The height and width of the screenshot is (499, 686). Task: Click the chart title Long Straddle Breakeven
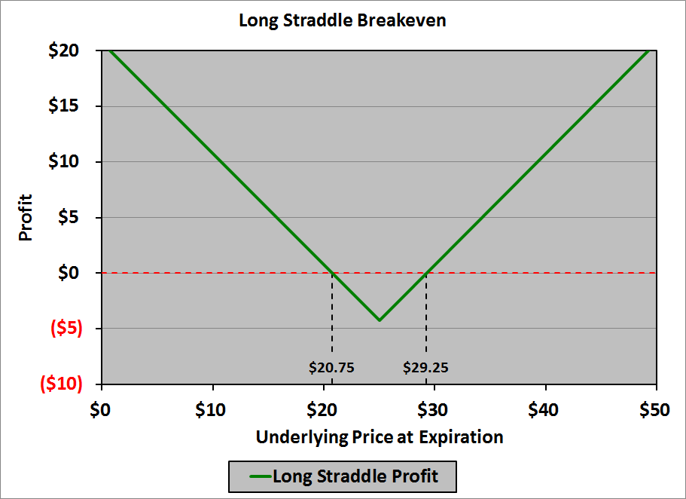point(343,20)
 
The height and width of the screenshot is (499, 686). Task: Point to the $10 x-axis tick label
point(212,410)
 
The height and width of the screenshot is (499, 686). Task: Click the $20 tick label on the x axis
point(323,410)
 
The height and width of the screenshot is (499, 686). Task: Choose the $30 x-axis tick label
point(434,410)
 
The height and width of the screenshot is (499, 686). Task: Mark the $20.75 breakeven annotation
point(331,368)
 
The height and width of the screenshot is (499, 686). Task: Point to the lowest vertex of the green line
point(380,320)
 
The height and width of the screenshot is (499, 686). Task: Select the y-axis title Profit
point(26,219)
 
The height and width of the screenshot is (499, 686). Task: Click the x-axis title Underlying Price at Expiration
point(380,437)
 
